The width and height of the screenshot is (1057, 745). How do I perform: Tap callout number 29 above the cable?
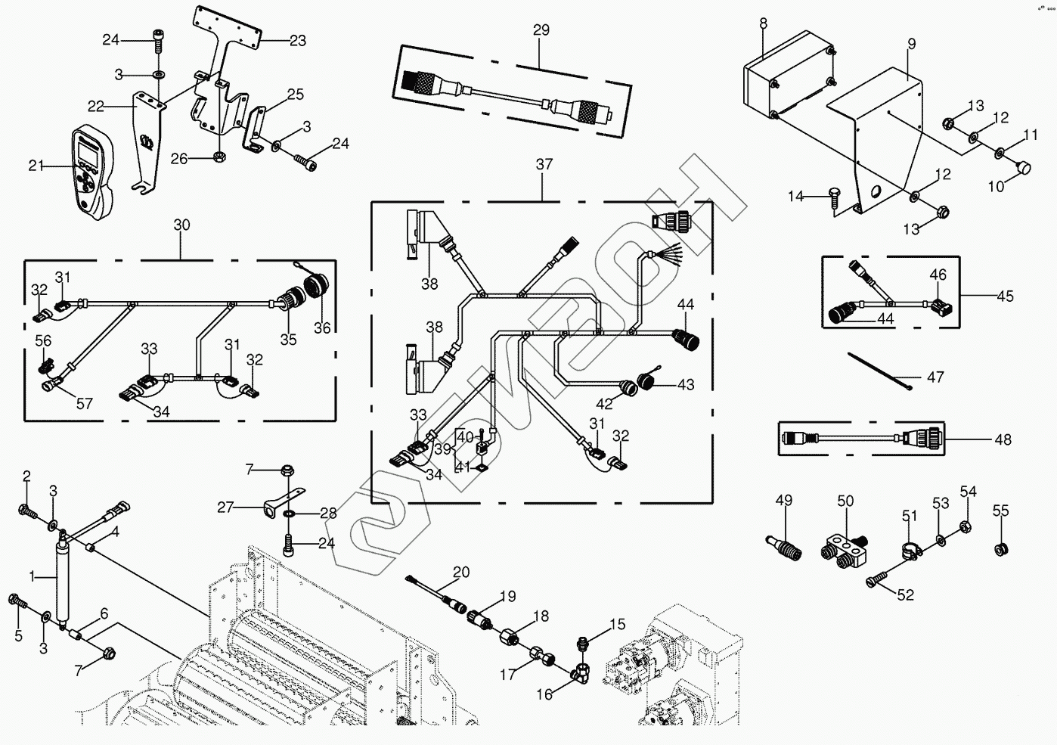(541, 30)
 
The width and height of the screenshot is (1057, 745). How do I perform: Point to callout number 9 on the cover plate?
(912, 44)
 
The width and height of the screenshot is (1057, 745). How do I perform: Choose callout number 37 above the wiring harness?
(544, 164)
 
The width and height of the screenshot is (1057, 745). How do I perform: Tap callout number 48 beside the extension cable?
(1003, 439)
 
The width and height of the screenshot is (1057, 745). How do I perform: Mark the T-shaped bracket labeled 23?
(227, 30)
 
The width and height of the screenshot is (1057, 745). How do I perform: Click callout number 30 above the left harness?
(181, 225)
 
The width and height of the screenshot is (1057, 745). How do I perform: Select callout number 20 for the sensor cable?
(461, 571)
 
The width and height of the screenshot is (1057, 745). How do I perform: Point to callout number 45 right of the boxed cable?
(1004, 296)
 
